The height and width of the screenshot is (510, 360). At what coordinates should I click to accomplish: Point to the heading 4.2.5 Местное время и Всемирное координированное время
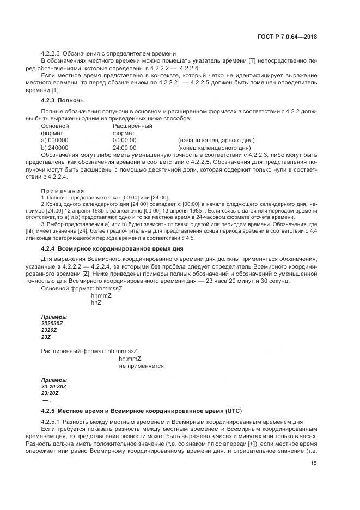pos(142,410)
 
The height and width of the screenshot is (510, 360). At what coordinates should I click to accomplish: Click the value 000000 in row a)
pos(58,140)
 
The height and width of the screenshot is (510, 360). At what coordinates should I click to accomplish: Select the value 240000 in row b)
pos(58,147)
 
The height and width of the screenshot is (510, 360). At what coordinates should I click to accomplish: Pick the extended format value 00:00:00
pos(124,140)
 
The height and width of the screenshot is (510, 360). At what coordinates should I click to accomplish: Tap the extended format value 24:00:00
pos(124,147)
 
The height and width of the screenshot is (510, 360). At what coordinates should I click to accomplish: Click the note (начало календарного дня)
pos(216,140)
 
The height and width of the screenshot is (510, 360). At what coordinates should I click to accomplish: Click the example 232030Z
pos(52,324)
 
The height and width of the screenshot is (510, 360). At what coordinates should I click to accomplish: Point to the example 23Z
pos(46,337)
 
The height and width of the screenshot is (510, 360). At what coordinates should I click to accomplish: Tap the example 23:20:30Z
pos(53,386)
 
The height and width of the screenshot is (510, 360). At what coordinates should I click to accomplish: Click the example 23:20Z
pos(50,393)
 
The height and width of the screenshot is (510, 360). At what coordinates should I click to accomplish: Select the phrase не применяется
pos(141,366)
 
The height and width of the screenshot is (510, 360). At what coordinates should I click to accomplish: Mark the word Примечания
pos(63,191)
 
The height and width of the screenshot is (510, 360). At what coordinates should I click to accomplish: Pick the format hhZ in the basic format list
pos(97,302)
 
